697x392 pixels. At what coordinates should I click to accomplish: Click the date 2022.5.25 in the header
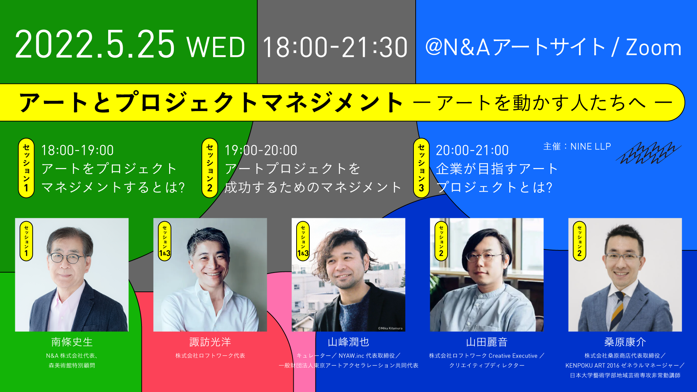coord(95,45)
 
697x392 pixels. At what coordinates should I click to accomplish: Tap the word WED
coord(216,48)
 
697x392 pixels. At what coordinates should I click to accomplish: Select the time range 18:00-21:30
coord(335,48)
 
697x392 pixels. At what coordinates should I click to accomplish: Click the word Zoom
coord(653,48)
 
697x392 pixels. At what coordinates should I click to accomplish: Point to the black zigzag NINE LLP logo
coord(648,153)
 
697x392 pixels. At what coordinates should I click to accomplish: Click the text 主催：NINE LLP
coord(577,146)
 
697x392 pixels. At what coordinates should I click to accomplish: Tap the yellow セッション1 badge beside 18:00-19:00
coord(26,168)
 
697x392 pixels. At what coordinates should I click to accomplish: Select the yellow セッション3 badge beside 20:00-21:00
coord(421,168)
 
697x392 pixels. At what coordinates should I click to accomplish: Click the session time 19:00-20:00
coord(261,150)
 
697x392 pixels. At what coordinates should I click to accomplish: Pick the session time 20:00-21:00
coord(472,150)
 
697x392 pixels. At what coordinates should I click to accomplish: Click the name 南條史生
coord(72,342)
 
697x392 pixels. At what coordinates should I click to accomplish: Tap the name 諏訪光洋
coord(210,342)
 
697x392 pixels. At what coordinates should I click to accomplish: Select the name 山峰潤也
coord(348,342)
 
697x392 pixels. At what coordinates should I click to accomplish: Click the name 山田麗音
coord(487,342)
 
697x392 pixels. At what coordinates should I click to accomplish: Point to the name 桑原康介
coord(625,342)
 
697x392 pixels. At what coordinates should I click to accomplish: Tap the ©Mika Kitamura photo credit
coord(390,328)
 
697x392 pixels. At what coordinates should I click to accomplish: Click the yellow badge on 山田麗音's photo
coord(441,241)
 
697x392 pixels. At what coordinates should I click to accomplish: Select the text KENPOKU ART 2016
coord(592,366)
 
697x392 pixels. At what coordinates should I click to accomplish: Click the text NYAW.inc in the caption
coord(351,356)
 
